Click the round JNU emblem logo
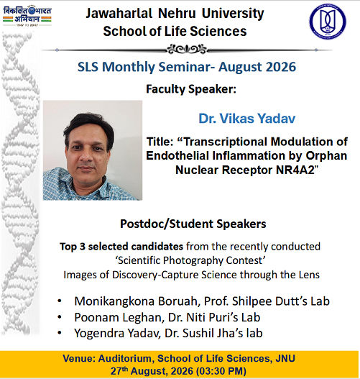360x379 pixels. coord(328,21)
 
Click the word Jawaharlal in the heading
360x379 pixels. coord(119,13)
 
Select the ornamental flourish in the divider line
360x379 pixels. coord(187,50)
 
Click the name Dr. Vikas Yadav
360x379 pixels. coord(246,119)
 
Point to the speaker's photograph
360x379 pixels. coord(93,150)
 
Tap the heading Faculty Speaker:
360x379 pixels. coord(191,89)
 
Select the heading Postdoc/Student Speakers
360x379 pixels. coord(193,224)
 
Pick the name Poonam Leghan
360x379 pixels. coord(118,317)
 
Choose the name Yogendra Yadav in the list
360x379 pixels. coord(116,333)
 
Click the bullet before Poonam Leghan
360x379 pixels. coord(60,317)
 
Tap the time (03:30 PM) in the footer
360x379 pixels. coord(221,371)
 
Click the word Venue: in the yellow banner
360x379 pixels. coord(79,358)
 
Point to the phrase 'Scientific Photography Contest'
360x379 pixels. coord(190,260)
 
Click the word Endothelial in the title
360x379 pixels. coord(177,156)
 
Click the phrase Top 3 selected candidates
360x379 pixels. coord(121,247)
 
